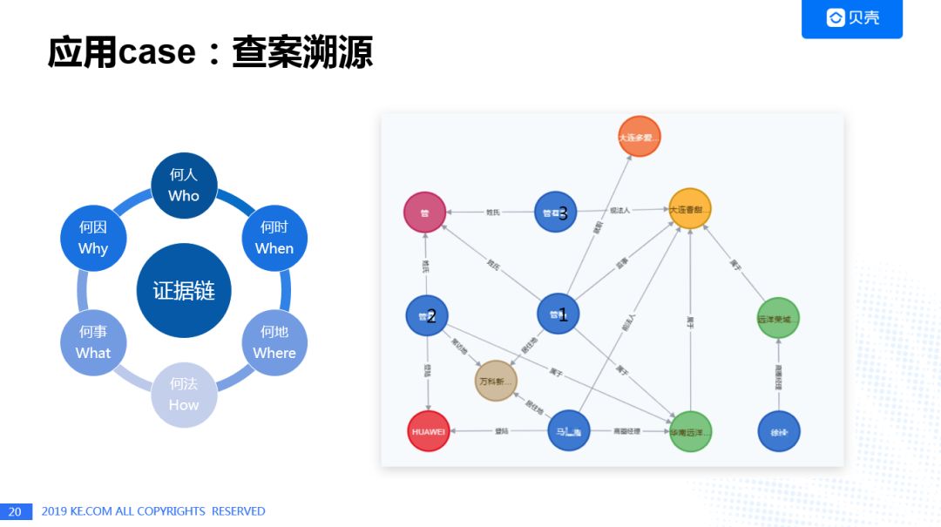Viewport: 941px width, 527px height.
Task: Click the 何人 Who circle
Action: tap(184, 186)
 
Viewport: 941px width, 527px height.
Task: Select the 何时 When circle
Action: tap(274, 238)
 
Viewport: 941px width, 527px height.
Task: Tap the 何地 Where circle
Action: tap(274, 342)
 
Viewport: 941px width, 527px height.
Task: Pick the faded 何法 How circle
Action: tap(184, 395)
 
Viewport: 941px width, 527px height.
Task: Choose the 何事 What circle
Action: tap(93, 342)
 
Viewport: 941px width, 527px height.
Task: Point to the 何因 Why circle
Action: tap(93, 238)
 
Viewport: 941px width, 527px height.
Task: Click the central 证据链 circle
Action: tap(184, 290)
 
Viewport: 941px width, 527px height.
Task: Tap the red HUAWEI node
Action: tap(428, 431)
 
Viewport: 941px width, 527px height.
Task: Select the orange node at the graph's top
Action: tap(639, 138)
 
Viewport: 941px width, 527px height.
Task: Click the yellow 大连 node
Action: tap(690, 210)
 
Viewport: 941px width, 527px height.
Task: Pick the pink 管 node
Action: tap(425, 212)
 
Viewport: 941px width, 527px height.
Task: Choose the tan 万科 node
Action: tap(497, 382)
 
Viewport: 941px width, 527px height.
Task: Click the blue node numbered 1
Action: tap(558, 314)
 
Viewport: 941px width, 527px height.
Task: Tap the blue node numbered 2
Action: tap(427, 315)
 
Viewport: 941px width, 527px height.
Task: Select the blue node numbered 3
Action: tap(555, 212)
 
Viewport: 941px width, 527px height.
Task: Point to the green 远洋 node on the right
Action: tap(777, 319)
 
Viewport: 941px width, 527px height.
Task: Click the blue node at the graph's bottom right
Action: tap(778, 431)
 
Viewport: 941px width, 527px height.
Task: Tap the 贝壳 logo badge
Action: tap(851, 17)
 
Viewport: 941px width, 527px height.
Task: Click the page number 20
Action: tap(16, 511)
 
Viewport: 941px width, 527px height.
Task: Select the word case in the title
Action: tap(157, 54)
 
